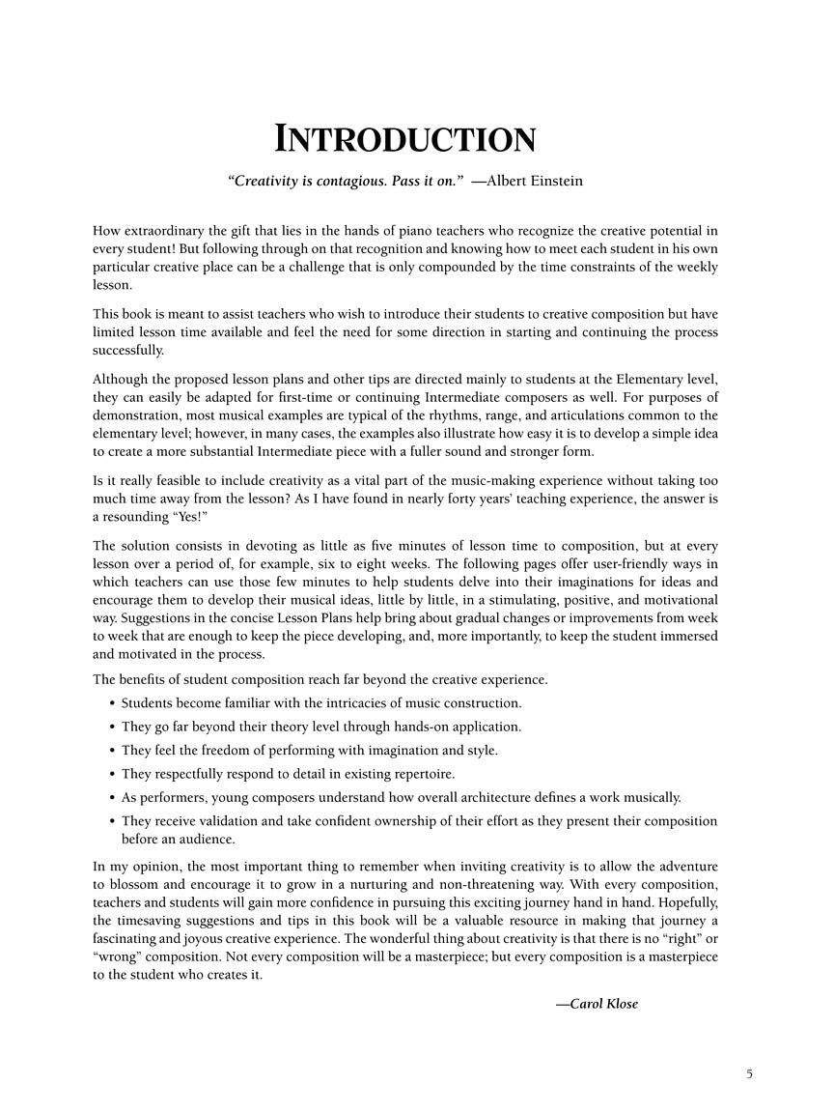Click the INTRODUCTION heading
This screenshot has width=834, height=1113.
[405, 139]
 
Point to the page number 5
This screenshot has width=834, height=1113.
[749, 1073]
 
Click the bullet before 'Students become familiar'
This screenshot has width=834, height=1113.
[112, 703]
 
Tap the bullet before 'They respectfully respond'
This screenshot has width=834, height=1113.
[112, 774]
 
